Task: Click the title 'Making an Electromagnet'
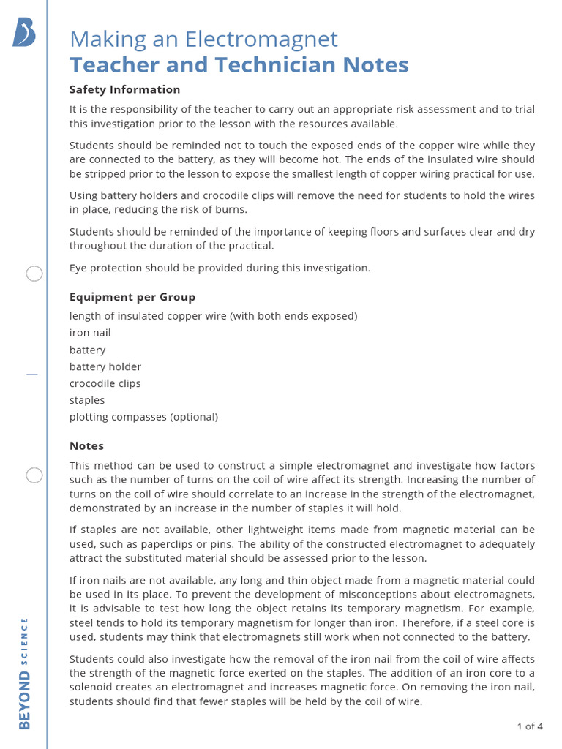pyautogui.click(x=203, y=39)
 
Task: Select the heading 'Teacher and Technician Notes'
pyautogui.click(x=239, y=65)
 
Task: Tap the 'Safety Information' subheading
pyautogui.click(x=124, y=89)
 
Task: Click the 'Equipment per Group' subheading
pyautogui.click(x=132, y=297)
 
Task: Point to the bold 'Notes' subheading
pyautogui.click(x=86, y=445)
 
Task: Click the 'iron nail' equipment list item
pyautogui.click(x=90, y=333)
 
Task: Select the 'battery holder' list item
pyautogui.click(x=105, y=366)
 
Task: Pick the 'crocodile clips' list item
pyautogui.click(x=105, y=383)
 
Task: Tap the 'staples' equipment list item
pyautogui.click(x=87, y=400)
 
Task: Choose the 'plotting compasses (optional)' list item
pyautogui.click(x=143, y=417)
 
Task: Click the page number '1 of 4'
pyautogui.click(x=529, y=726)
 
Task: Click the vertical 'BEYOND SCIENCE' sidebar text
pyautogui.click(x=24, y=673)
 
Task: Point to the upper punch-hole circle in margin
pyautogui.click(x=34, y=274)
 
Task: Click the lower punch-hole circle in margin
pyautogui.click(x=34, y=475)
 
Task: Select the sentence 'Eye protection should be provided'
pyautogui.click(x=220, y=268)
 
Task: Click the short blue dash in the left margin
pyautogui.click(x=31, y=374)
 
